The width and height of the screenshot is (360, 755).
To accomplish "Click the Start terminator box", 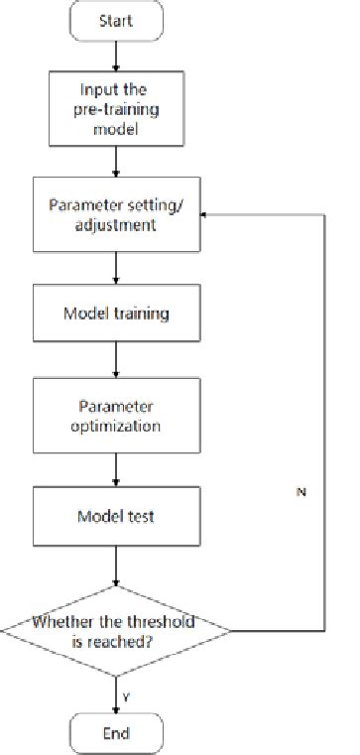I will click(117, 21).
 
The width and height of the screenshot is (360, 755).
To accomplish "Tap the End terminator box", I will click(117, 733).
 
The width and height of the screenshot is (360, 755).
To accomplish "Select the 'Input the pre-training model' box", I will click(117, 110).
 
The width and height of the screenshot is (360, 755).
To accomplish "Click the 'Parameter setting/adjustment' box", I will click(117, 214).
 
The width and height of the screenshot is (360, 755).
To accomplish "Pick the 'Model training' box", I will click(117, 314).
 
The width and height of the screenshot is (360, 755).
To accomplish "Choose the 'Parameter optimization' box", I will click(117, 417).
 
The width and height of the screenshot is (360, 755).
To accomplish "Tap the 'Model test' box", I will click(117, 518).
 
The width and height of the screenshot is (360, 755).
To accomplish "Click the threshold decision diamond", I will click(117, 631).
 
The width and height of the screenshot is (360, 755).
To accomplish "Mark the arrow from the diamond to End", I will click(117, 691).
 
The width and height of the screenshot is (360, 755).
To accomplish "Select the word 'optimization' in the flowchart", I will click(117, 428).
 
